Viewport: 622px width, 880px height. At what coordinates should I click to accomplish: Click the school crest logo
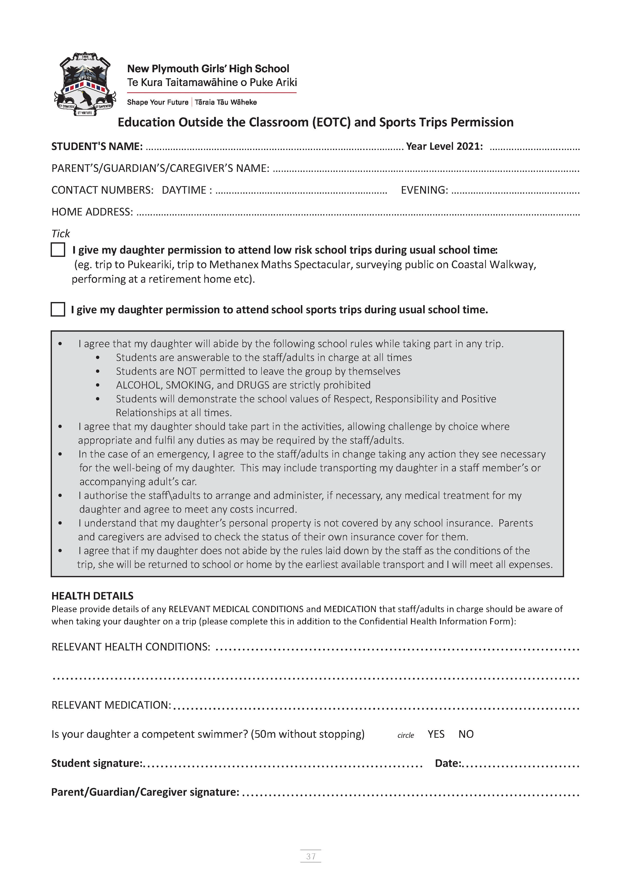(85, 84)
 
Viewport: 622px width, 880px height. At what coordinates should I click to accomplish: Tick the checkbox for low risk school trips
(58, 250)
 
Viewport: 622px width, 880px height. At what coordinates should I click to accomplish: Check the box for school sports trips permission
(58, 309)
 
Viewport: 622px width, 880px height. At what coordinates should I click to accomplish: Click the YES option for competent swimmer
(436, 734)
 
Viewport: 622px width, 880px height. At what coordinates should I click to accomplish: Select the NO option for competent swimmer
(466, 734)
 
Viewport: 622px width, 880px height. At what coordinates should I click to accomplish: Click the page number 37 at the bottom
(311, 856)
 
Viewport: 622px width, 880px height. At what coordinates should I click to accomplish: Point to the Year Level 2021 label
(444, 146)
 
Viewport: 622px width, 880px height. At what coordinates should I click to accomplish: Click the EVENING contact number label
(424, 190)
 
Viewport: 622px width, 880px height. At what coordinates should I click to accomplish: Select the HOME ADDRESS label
(92, 212)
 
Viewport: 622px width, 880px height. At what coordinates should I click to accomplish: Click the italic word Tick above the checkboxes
(60, 233)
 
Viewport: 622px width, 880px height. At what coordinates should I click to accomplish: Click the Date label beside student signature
(448, 763)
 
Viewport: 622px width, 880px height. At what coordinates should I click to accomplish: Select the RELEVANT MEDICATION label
(111, 705)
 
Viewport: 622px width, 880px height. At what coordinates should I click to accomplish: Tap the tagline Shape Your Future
(157, 102)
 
